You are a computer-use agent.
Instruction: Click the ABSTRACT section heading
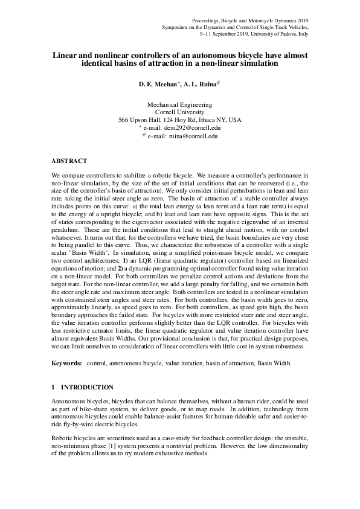click(69, 161)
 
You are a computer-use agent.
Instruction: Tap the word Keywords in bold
click(65, 363)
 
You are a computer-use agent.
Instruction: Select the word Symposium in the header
click(176, 27)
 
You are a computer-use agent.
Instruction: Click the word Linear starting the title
click(63, 54)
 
